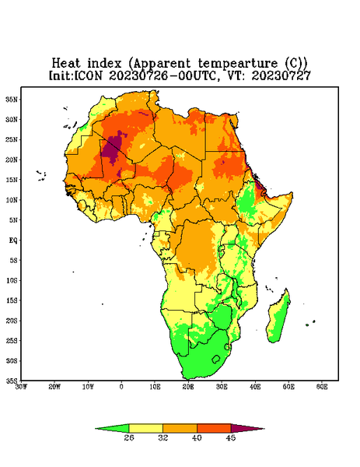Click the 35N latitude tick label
[12, 99]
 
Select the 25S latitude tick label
[12, 340]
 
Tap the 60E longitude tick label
[322, 387]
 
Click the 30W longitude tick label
[21, 387]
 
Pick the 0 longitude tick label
[121, 387]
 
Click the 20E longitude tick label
[188, 387]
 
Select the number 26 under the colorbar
[129, 437]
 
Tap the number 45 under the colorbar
[231, 437]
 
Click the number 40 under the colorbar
[197, 437]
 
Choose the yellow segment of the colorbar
[145, 428]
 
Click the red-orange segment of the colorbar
[214, 428]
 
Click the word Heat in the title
[66, 63]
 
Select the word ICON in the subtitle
[88, 75]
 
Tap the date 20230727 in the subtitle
[281, 75]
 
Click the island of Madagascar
[278, 318]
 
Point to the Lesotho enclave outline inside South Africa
[216, 359]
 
